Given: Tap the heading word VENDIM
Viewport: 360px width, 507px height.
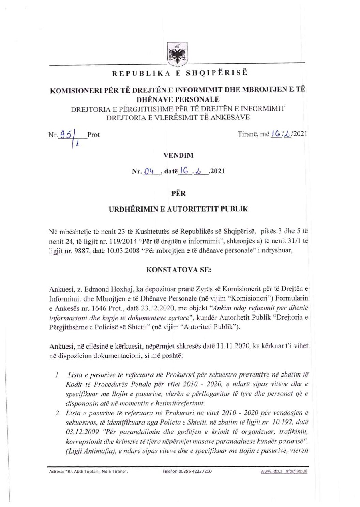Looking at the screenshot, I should (178, 155).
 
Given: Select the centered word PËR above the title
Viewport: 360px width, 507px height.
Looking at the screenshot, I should (178, 193).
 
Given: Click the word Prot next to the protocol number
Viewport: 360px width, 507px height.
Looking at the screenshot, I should (93, 135).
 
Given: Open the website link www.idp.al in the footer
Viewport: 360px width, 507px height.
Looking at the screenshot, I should (271, 471).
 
